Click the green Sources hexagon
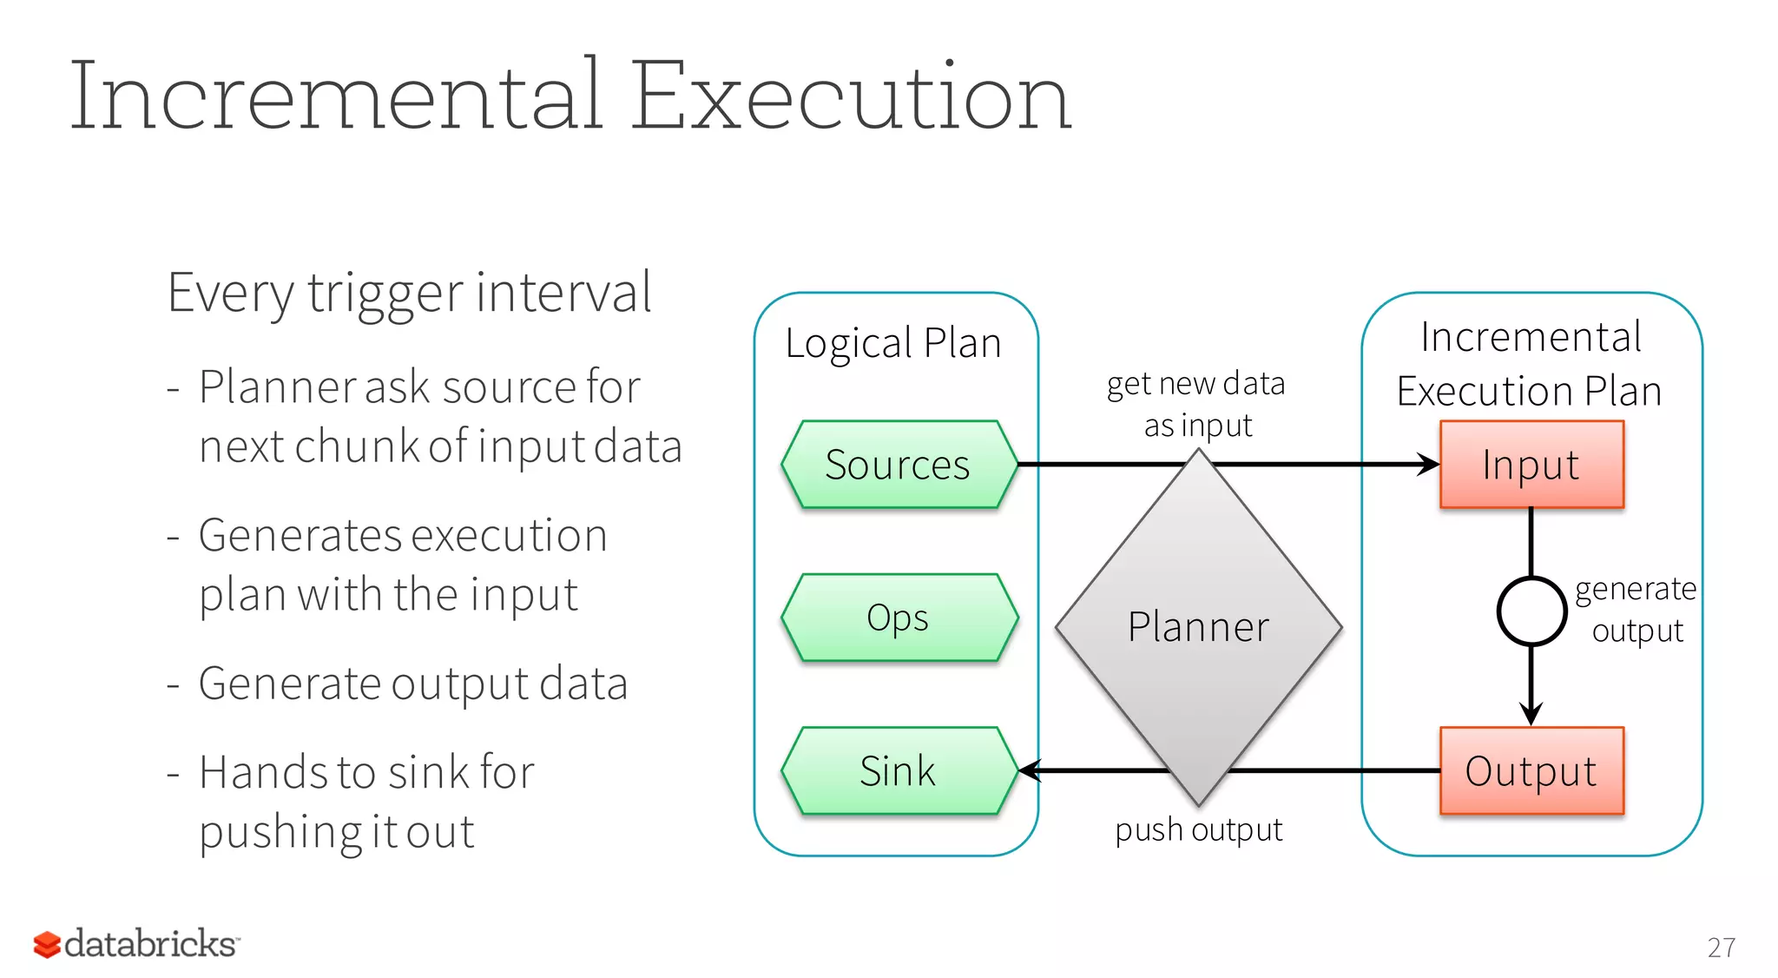tap(899, 465)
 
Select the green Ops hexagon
tap(899, 618)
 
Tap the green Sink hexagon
tap(899, 770)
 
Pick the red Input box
tap(1531, 465)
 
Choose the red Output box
tap(1531, 770)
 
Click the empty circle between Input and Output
tap(1531, 611)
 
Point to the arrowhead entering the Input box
tap(1428, 465)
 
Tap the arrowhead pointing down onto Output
tap(1531, 714)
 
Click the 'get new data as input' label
tap(1196, 404)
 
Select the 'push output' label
tap(1198, 829)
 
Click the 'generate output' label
tap(1636, 610)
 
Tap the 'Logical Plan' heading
tap(893, 343)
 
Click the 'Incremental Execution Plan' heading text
tap(1530, 364)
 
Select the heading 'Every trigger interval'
tap(409, 293)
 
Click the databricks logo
tap(136, 944)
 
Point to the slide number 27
tap(1721, 948)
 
